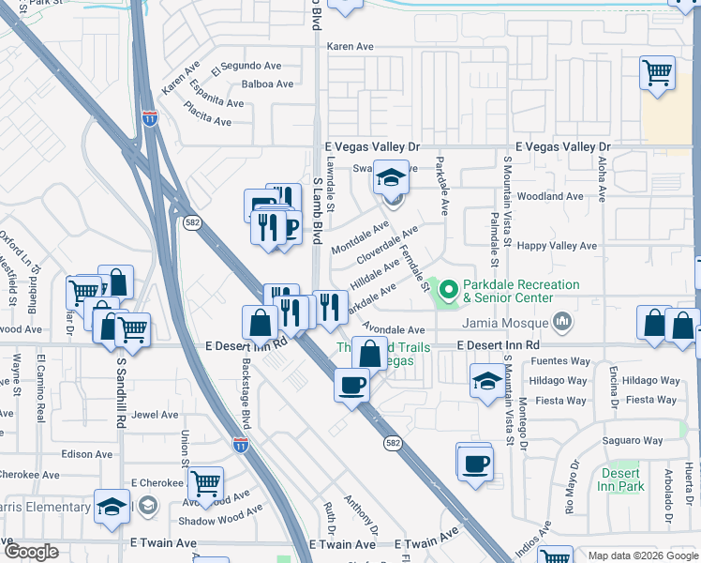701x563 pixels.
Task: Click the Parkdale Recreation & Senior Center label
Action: coord(521,291)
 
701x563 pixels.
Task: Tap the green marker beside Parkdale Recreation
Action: coord(447,292)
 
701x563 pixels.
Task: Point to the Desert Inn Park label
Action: coord(619,479)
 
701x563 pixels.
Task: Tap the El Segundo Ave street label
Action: coord(246,67)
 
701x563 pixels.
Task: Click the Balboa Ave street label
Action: coord(267,84)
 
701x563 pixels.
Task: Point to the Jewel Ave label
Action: coord(155,414)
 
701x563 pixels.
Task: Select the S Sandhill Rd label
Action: coord(121,392)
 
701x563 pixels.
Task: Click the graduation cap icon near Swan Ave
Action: coord(391,176)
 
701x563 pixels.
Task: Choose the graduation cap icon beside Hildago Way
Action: coord(486,380)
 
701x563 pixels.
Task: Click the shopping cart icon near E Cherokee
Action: coord(205,483)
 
